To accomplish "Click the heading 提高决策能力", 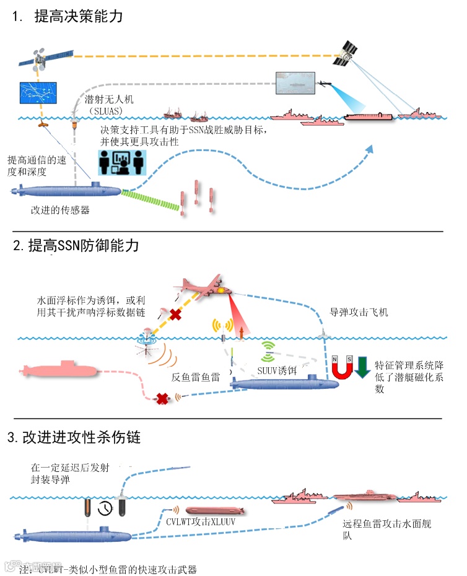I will point(77,17).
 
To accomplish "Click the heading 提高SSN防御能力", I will point(83,245).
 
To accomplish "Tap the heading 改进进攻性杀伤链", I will point(81,437).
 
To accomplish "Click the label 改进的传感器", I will point(60,211).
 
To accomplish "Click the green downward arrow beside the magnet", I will point(362,366).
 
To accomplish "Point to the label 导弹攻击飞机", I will point(359,313).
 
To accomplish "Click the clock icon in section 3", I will point(106,507).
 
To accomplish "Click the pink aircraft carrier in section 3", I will point(362,498).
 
